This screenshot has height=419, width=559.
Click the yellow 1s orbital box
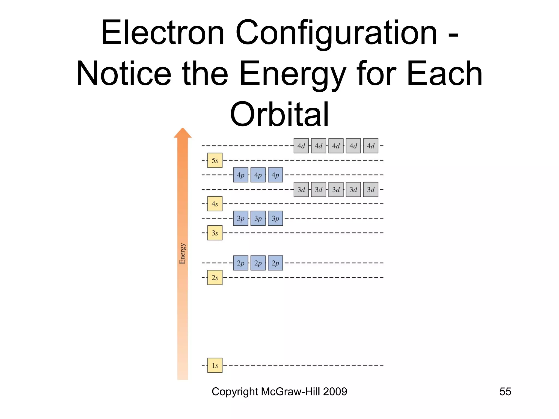pos(215,365)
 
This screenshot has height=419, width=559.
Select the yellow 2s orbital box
pos(215,277)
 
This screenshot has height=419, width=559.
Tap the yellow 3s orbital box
pos(215,233)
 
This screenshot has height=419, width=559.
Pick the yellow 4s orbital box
pos(215,204)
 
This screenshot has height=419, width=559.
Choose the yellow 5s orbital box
pos(215,160)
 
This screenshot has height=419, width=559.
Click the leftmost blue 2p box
pos(240,263)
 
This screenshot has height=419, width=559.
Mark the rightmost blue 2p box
pos(275,263)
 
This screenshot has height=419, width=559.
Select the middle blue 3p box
pos(258,218)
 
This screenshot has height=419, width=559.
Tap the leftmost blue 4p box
pos(240,175)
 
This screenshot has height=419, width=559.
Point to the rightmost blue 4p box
pos(275,175)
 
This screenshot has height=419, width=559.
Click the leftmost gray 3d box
pos(301,190)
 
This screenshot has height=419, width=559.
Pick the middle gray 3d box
pos(336,190)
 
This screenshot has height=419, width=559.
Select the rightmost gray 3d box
pos(371,190)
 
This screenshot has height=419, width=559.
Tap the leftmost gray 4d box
pos(301,146)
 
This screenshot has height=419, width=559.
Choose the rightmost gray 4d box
pos(371,146)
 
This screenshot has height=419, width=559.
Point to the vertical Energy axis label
pos(182,254)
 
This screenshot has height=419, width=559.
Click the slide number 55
pos(505,392)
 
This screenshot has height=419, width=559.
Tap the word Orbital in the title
pos(279,115)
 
